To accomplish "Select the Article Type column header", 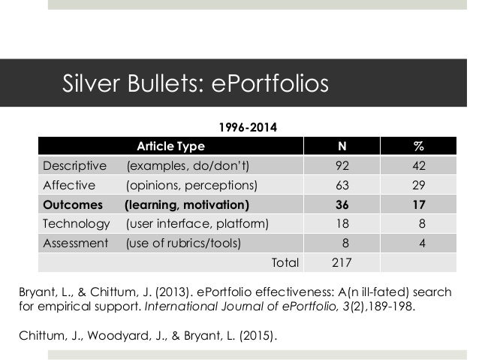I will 169,146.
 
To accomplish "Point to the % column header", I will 417,146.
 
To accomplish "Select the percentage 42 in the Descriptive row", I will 417,165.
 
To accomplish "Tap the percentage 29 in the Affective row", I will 417,185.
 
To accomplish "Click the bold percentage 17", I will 417,204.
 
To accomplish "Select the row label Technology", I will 76,223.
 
